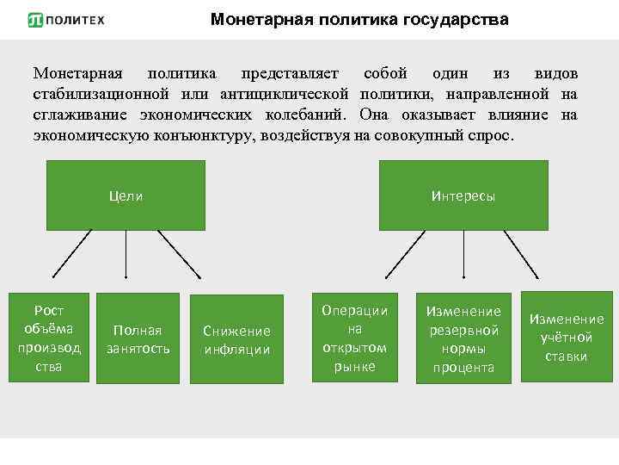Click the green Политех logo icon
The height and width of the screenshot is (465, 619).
coord(34,20)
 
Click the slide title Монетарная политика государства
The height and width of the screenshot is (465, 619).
coord(359,19)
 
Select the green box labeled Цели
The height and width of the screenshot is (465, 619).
coord(126,195)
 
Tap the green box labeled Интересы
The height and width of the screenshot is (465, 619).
coord(463,195)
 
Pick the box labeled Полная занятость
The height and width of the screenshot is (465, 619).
coord(138,339)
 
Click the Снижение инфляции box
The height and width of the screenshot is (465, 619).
coord(236,339)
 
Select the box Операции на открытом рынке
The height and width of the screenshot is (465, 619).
coord(355,338)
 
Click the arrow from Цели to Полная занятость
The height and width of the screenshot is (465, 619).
coord(126,254)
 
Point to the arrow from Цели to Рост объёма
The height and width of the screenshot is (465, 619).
coord(77,254)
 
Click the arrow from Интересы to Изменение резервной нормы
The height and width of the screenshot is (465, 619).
coord(464,254)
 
